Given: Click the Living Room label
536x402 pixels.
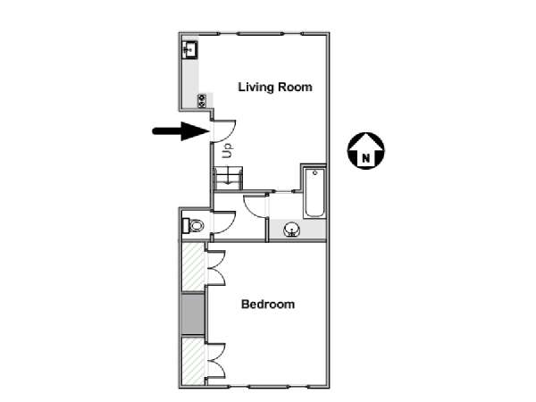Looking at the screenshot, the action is pos(275,88).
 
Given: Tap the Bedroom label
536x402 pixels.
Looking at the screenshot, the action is pos(268,304).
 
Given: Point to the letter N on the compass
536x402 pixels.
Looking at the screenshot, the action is pos(365,158).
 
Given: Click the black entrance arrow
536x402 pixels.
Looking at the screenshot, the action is pos(180,131).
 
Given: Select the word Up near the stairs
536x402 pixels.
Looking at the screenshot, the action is pos(228,150).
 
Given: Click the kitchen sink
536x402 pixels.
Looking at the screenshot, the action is pos(189,50).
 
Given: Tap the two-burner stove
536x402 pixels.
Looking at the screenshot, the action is pos(202,101).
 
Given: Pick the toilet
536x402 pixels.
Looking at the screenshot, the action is pos(193,226).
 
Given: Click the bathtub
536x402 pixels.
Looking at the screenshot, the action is pos(314,192).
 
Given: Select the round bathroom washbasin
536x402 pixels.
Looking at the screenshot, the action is pos(292,229).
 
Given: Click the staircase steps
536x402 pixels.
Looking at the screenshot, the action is pos(228,178).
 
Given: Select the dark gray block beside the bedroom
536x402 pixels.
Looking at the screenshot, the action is pos(192,314).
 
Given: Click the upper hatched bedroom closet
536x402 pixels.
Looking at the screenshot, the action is pos(193,266).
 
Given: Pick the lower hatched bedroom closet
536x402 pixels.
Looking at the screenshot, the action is pos(193,361).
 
